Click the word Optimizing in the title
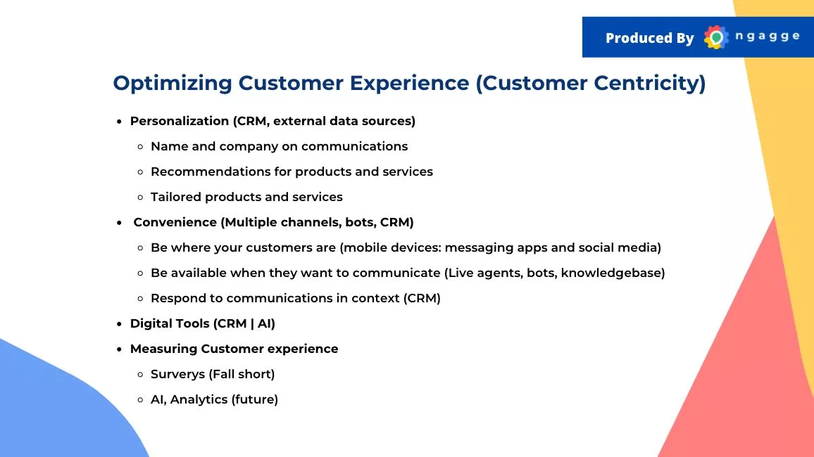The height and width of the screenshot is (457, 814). point(173,84)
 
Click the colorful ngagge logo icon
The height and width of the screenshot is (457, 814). point(716,37)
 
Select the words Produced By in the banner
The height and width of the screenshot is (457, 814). point(649,38)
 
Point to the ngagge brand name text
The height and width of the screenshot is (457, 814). point(768,37)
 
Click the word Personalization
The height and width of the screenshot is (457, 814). point(179,121)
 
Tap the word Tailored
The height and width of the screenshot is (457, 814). point(176,197)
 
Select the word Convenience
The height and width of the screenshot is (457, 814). point(175,222)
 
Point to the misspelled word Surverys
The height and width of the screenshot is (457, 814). point(177,374)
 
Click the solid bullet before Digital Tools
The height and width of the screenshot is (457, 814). point(119,324)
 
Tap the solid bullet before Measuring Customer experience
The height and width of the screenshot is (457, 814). point(119,349)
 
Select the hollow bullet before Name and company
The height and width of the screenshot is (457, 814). point(140,147)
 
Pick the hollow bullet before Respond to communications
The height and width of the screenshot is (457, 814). point(140,298)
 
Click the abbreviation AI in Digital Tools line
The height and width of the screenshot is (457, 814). point(265,323)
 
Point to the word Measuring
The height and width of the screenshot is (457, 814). point(163,349)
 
